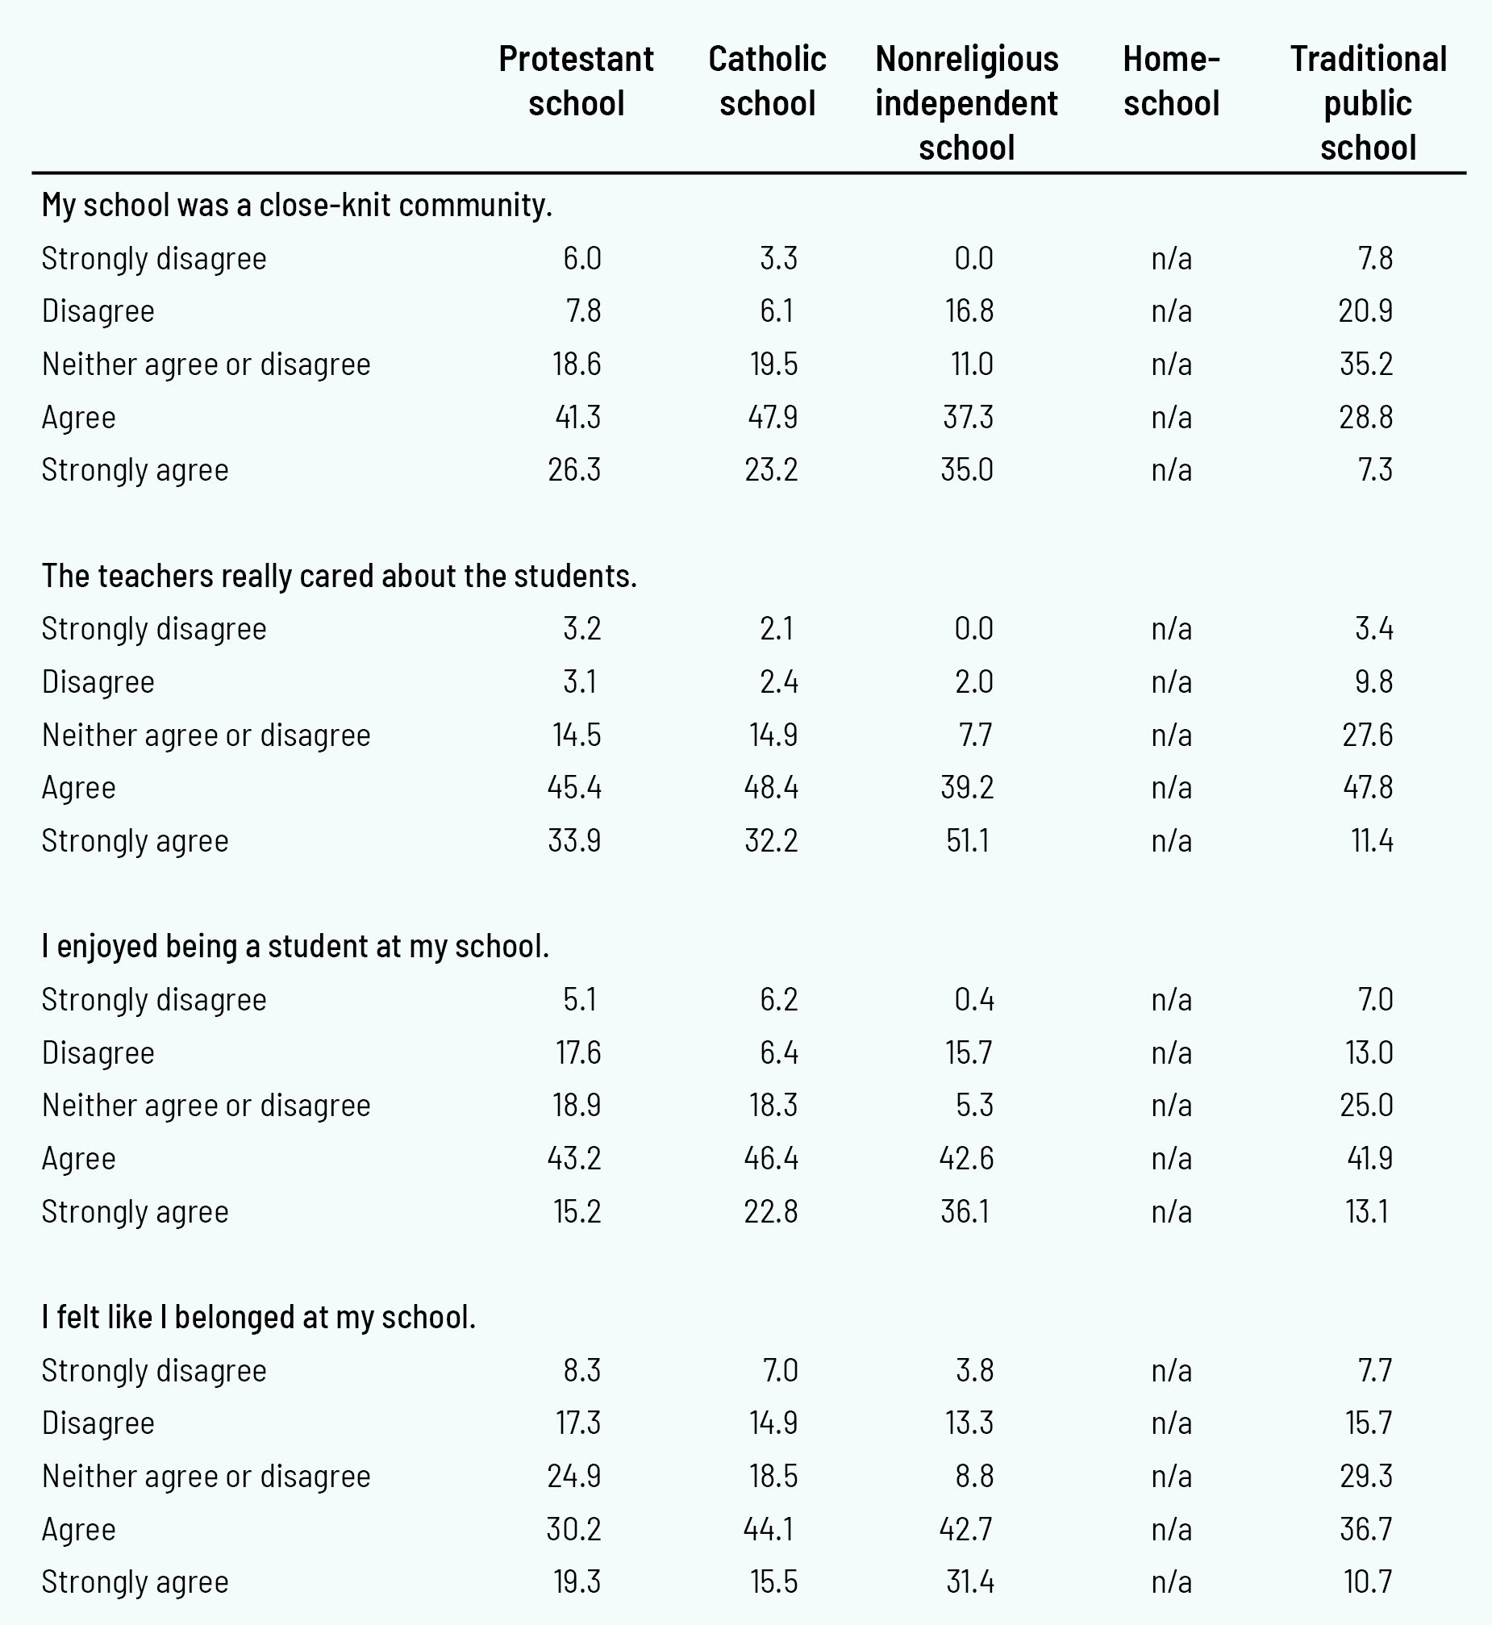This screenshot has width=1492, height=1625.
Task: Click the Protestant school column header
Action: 576,81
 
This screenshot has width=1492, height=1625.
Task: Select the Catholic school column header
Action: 767,81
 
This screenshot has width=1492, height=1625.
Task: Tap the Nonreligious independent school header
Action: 966,102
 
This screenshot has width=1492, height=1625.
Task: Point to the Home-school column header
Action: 1171,81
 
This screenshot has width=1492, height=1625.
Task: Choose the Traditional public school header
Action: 1368,102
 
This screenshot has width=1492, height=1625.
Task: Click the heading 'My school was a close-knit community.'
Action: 296,205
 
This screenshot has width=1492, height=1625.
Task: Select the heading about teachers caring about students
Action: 339,576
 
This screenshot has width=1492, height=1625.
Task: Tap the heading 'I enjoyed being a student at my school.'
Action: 294,946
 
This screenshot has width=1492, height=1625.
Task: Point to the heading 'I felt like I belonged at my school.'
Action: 258,1317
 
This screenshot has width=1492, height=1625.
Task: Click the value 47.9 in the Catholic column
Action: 772,418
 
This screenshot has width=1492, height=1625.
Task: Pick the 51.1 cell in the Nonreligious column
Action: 968,841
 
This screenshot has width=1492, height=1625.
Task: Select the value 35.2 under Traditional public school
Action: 1366,364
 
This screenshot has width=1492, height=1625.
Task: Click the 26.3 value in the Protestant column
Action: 574,470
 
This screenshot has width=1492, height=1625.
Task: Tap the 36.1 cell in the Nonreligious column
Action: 965,1211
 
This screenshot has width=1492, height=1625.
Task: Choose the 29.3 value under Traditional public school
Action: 1366,1476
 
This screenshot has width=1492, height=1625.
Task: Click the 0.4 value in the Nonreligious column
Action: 973,999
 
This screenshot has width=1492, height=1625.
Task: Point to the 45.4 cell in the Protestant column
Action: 574,788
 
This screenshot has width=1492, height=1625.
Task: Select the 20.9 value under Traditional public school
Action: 1365,310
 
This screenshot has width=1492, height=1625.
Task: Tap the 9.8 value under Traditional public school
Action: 1373,682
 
